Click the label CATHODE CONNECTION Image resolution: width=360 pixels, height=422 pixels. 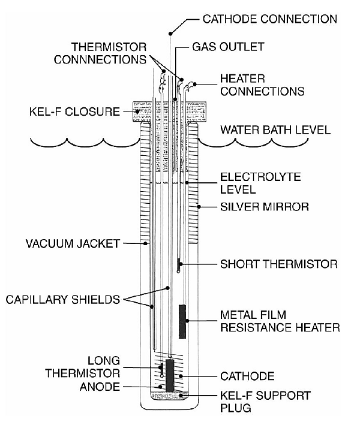(269, 19)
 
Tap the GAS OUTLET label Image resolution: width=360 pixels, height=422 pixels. (228, 46)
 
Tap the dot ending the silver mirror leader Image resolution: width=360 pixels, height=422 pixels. (199, 207)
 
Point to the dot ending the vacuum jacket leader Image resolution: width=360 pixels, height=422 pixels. (146, 243)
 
